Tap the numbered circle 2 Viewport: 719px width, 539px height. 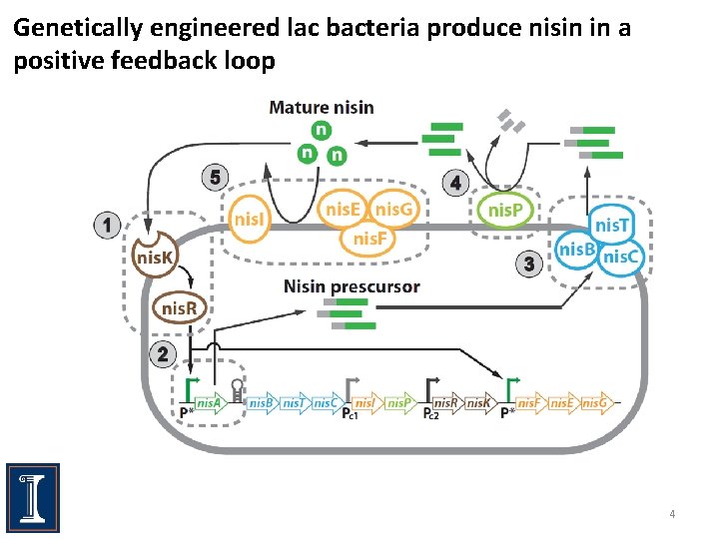162,353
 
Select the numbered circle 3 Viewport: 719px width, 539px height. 530,264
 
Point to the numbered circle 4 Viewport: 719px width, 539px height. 456,183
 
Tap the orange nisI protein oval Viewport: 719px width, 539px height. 251,215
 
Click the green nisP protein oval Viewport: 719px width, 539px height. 506,210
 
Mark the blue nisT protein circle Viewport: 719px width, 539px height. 611,226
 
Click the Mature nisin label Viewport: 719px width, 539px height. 322,108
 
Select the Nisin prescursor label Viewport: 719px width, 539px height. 352,286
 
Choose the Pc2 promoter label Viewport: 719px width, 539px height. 431,414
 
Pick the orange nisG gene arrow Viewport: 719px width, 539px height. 594,403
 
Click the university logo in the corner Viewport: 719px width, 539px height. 32,496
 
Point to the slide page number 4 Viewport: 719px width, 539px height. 672,514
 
